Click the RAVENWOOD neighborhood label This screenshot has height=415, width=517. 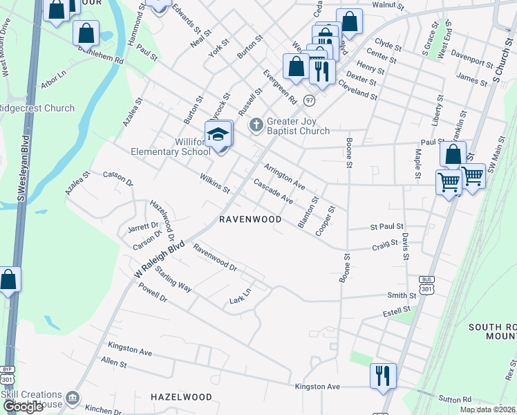[250, 219]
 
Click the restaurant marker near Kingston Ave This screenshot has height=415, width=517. [382, 376]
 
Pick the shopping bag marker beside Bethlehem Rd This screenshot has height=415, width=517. [86, 33]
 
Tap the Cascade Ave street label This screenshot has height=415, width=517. [274, 192]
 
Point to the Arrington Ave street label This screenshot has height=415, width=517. [284, 176]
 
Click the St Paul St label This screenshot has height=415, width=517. [387, 226]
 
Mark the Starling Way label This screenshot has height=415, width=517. [173, 278]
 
